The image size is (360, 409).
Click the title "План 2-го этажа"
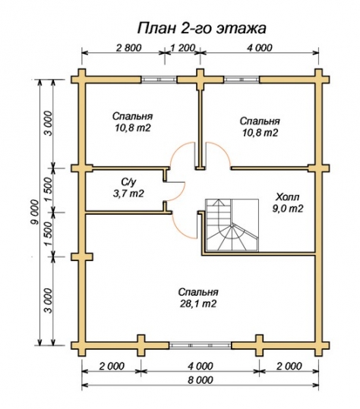tap(201, 28)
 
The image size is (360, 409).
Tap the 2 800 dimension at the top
tap(128, 48)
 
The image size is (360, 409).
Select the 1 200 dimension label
tap(183, 48)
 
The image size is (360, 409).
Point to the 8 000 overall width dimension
tap(200, 379)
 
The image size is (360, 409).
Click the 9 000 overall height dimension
tap(34, 212)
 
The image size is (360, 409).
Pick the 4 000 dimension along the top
tap(260, 48)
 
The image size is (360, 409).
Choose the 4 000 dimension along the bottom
tap(200, 366)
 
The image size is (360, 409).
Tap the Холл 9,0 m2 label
tap(288, 203)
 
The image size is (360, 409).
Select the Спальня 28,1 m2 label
tap(198, 298)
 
